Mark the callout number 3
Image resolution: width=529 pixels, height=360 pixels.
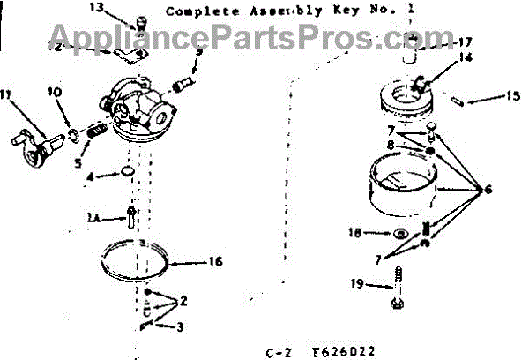(180, 327)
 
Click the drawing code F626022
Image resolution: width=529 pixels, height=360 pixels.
(343, 351)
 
